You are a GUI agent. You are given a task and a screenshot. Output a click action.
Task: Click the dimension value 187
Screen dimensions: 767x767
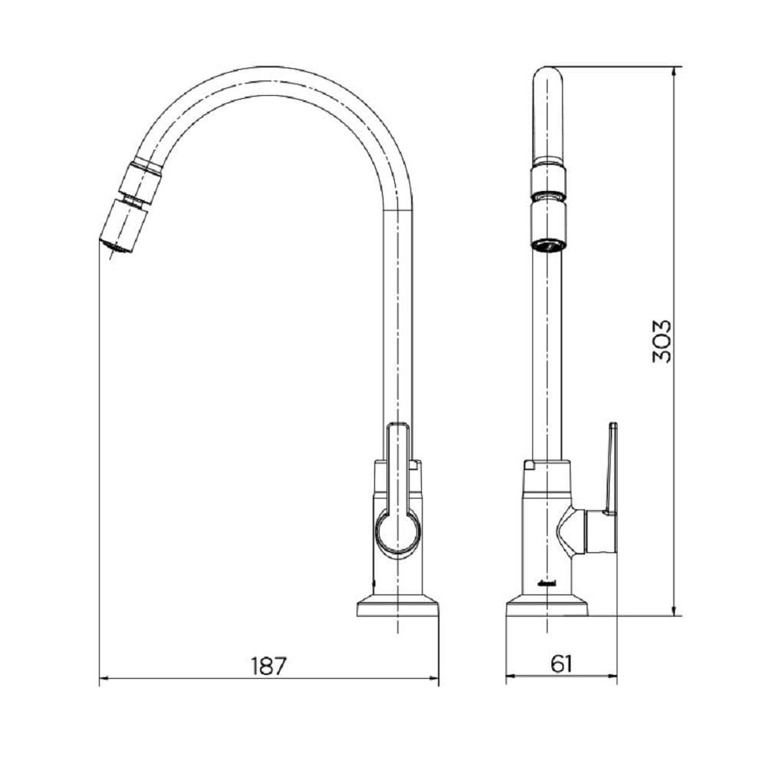(268, 665)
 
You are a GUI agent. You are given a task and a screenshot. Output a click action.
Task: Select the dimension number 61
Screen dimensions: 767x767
(561, 664)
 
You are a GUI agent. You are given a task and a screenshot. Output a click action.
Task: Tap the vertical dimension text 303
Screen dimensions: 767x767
(662, 341)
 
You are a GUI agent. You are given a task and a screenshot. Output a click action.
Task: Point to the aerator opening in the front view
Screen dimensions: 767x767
(548, 244)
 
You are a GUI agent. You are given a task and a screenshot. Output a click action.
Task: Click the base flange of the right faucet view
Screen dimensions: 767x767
(547, 608)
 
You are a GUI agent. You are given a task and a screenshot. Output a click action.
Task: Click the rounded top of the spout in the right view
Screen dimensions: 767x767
(548, 77)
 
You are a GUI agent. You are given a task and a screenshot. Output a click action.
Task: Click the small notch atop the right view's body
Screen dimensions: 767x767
(528, 464)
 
